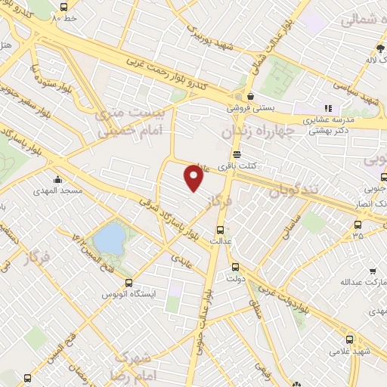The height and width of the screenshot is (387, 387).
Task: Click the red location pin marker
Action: (193, 178)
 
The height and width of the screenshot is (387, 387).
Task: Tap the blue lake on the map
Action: (110, 237)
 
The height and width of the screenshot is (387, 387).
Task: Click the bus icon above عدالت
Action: (220, 230)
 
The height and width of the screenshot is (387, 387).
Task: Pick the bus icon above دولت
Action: (235, 266)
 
